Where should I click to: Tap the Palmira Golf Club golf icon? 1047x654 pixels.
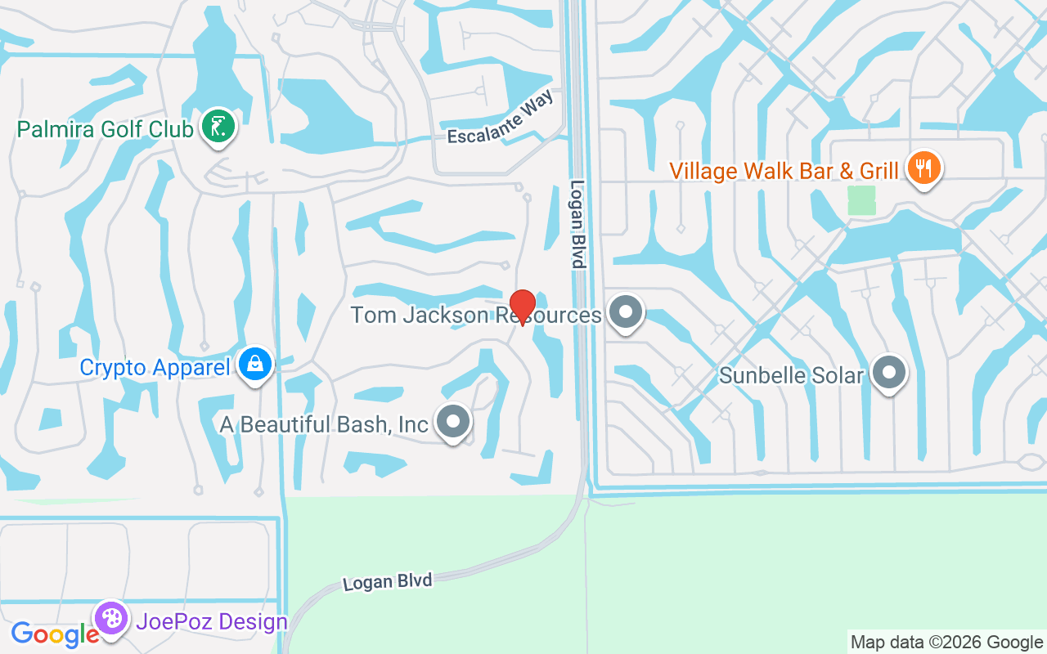pyautogui.click(x=218, y=127)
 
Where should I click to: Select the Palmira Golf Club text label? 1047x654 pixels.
pyautogui.click(x=106, y=129)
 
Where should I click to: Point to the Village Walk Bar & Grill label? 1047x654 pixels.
pyautogui.click(x=784, y=171)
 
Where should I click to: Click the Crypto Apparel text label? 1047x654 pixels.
pyautogui.click(x=155, y=367)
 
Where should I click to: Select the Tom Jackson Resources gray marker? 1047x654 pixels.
pyautogui.click(x=627, y=311)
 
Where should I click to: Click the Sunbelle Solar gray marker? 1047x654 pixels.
pyautogui.click(x=889, y=373)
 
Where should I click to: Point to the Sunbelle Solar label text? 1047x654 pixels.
pyautogui.click(x=791, y=375)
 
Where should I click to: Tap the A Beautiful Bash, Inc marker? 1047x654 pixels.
pyautogui.click(x=453, y=422)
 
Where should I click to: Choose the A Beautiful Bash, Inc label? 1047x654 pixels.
pyautogui.click(x=324, y=424)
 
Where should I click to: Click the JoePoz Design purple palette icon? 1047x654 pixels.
pyautogui.click(x=110, y=618)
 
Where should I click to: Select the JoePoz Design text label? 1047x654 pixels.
pyautogui.click(x=212, y=622)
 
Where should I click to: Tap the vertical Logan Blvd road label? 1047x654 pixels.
pyautogui.click(x=578, y=224)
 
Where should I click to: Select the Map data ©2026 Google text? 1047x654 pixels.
pyautogui.click(x=946, y=643)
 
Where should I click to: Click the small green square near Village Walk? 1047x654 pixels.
pyautogui.click(x=861, y=200)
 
